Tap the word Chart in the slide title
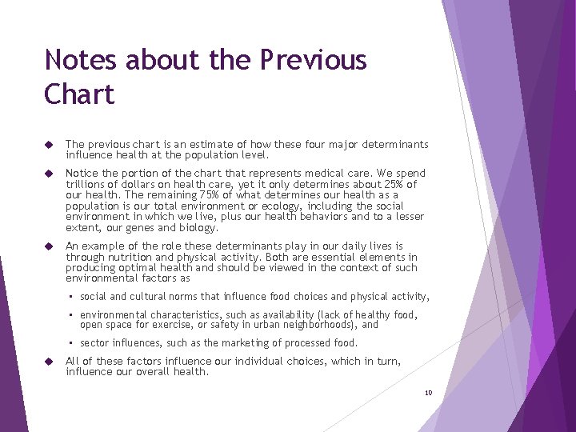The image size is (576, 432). pos(80,94)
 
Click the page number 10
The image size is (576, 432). pos(428,393)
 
